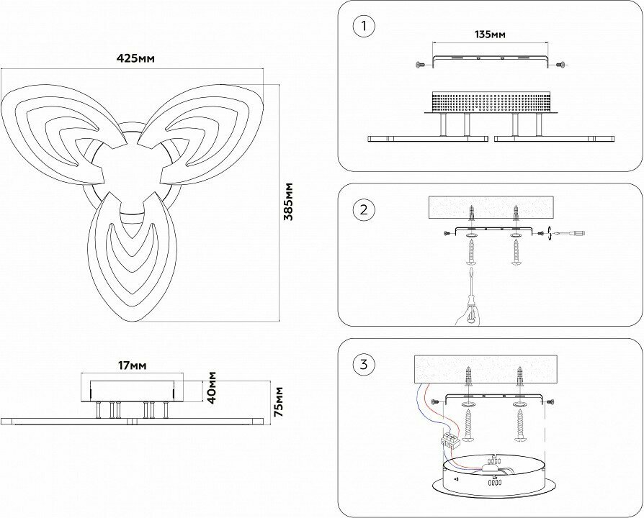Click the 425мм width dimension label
(x=137, y=58)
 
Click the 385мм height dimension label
(x=287, y=201)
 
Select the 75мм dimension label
(x=279, y=401)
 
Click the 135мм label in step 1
(x=490, y=35)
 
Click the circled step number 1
(x=365, y=27)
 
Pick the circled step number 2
(x=365, y=210)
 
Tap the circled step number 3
(x=365, y=364)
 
